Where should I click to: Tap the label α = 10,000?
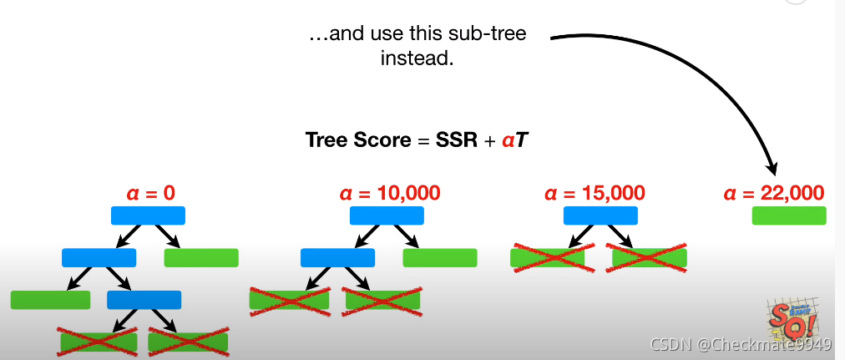click(x=390, y=194)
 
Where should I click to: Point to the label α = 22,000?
click(x=774, y=194)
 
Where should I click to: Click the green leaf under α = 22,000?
click(x=789, y=215)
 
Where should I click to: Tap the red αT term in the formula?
click(x=514, y=139)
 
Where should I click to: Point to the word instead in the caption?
click(x=417, y=58)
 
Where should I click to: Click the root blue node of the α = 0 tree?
click(x=148, y=215)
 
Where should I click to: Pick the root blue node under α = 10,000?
click(x=387, y=215)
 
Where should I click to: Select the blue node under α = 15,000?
click(x=600, y=215)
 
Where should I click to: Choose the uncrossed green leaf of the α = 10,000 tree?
click(x=440, y=257)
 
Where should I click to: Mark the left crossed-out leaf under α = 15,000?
click(x=548, y=257)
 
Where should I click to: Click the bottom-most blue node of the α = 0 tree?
click(x=144, y=300)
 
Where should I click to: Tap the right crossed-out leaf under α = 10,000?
click(x=382, y=299)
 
